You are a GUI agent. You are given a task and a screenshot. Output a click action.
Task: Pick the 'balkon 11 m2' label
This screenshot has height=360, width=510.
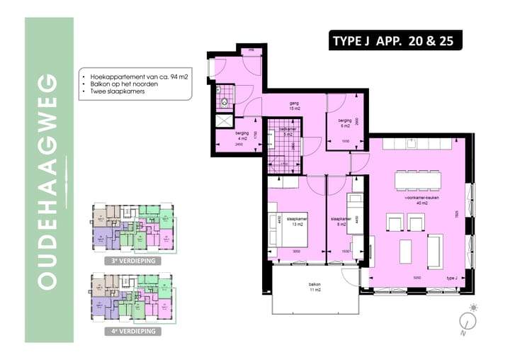314,288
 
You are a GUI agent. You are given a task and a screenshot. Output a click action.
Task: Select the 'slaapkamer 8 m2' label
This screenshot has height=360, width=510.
342,223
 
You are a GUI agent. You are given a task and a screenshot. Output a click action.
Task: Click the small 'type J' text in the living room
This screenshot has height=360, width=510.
451,278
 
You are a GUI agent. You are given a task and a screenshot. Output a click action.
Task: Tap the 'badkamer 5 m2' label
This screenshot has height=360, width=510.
286,130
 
